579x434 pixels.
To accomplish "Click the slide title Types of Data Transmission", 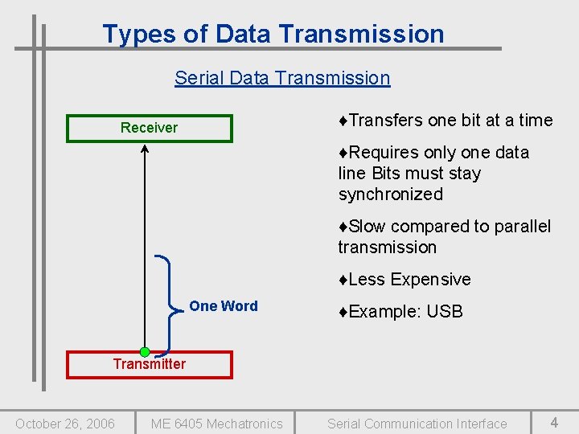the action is click(273, 34).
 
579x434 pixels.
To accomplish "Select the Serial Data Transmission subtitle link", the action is click(282, 78).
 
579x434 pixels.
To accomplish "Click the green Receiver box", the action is click(150, 128).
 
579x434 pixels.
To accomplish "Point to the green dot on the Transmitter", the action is click(145, 352).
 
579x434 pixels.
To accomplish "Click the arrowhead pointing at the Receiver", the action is click(145, 149).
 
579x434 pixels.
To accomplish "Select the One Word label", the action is click(224, 306).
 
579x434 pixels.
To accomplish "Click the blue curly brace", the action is click(169, 306).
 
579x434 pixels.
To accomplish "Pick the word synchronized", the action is click(391, 194).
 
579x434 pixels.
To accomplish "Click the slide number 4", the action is click(554, 422).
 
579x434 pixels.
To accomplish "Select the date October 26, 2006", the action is click(65, 424).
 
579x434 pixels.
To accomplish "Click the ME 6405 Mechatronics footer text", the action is click(217, 424).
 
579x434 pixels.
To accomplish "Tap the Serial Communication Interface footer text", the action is click(417, 424).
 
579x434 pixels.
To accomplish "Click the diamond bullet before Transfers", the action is click(343, 121).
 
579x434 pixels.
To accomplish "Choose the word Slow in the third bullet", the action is click(368, 227).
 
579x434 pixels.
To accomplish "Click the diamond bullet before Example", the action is click(343, 312).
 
